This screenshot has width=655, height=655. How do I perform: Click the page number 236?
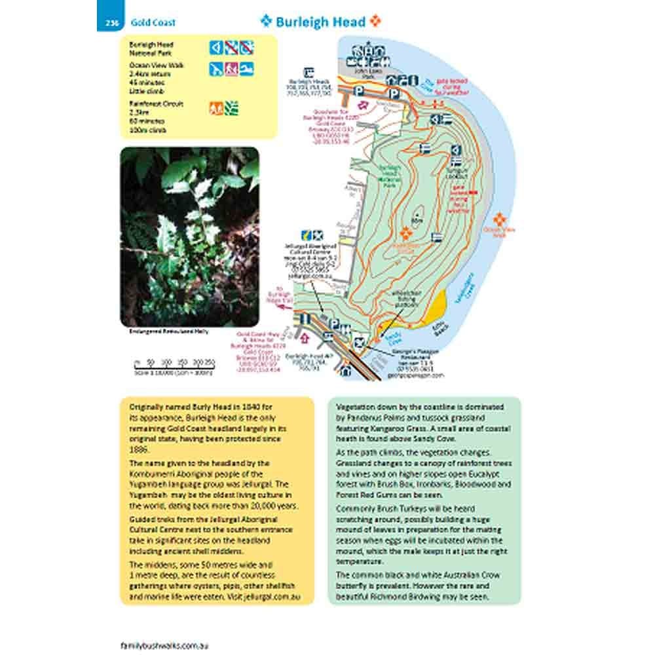click(109, 23)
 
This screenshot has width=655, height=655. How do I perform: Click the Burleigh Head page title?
click(320, 22)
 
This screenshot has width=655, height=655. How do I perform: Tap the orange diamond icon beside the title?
click(375, 21)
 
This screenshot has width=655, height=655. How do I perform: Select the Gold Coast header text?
click(153, 23)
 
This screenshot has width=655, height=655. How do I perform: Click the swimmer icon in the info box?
click(246, 69)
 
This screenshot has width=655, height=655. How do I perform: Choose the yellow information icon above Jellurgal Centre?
click(305, 233)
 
